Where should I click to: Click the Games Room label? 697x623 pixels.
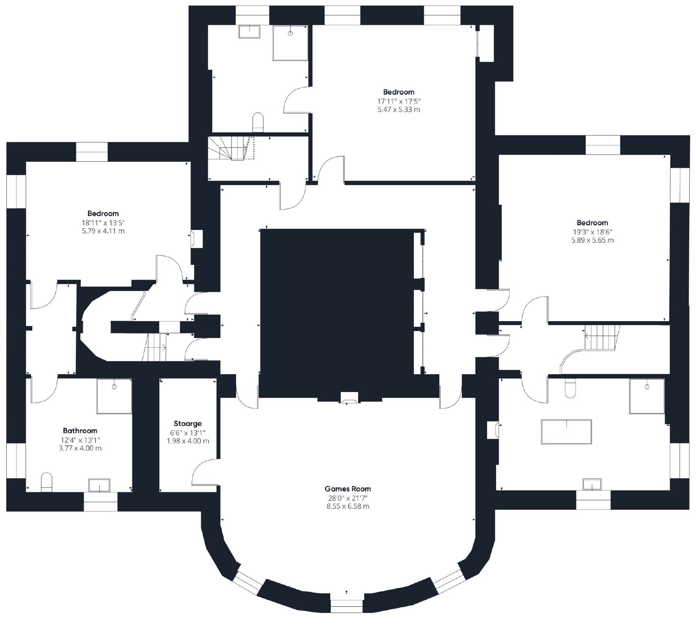[348, 489]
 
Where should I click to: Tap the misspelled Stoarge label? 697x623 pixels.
[188, 423]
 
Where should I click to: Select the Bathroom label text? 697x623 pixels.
[80, 431]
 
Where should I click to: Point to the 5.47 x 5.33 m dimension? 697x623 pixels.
[399, 109]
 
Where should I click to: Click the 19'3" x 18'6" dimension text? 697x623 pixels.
[592, 231]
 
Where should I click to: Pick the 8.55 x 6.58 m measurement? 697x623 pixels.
[348, 506]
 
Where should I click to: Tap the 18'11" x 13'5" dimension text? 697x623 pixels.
[103, 222]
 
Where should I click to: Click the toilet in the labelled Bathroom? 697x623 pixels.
[47, 483]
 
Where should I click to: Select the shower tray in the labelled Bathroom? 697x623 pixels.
[114, 396]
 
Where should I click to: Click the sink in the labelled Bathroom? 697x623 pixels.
[100, 485]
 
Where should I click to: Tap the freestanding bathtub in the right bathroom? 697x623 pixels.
[566, 432]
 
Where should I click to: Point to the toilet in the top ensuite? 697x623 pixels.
[258, 122]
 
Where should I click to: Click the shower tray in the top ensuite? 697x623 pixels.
[290, 43]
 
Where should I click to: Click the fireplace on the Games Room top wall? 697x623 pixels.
[349, 398]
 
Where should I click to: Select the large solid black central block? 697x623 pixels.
[336, 305]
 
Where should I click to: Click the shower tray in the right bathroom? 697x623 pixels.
[647, 396]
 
